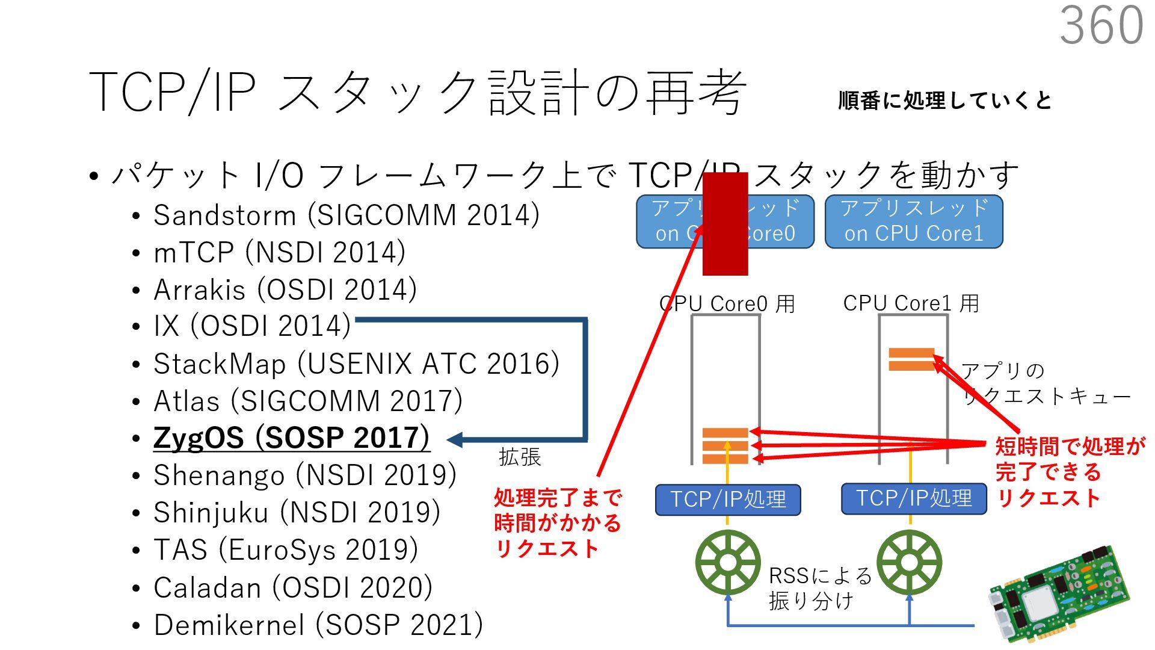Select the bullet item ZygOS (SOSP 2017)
click(292, 438)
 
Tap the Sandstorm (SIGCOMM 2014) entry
click(346, 215)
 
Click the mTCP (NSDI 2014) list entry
click(279, 253)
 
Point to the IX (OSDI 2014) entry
click(252, 326)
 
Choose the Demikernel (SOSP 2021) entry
click(318, 625)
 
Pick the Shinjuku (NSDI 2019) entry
click(297, 513)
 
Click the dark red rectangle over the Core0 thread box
click(725, 224)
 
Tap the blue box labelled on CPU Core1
click(913, 221)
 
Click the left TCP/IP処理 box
click(728, 500)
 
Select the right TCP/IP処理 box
click(914, 499)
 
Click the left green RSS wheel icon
click(727, 563)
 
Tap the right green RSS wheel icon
click(909, 563)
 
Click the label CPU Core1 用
click(911, 303)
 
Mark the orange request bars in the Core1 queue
click(911, 359)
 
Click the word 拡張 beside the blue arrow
click(520, 457)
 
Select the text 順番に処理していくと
click(944, 101)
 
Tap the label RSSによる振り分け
click(819, 588)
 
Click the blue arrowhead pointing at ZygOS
click(455, 440)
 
